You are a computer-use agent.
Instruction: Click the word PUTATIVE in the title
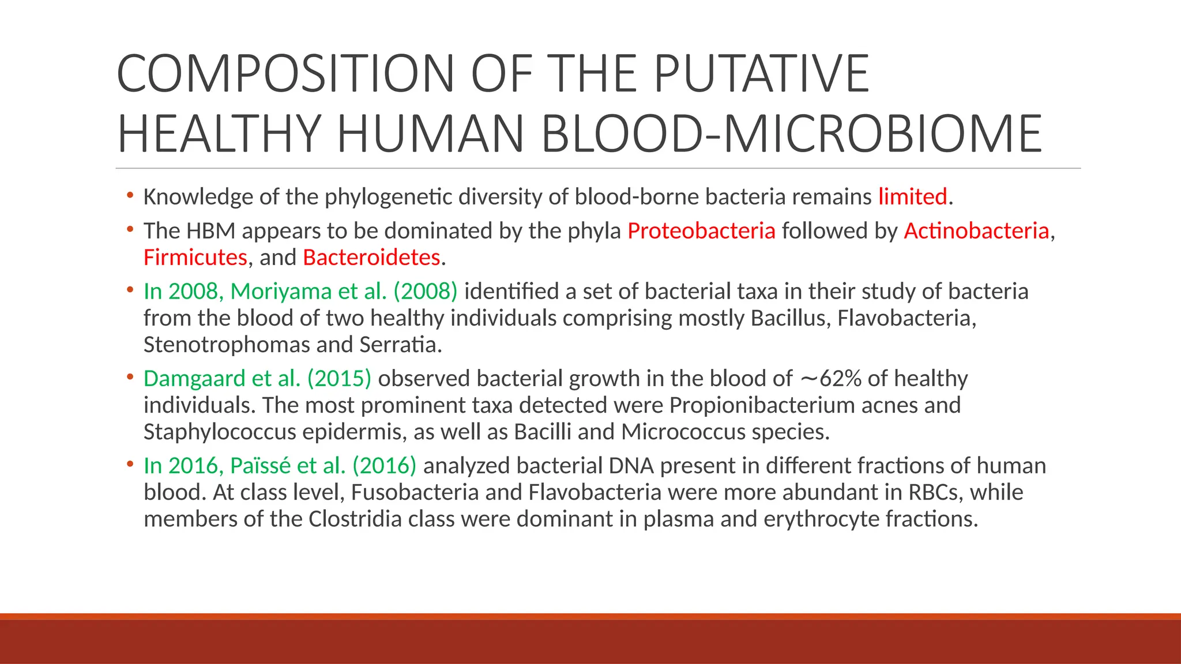click(761, 73)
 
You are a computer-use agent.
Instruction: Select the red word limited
click(912, 197)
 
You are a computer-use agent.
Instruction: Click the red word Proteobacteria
click(701, 231)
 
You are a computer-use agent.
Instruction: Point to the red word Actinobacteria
click(976, 231)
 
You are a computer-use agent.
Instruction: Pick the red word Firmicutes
click(195, 258)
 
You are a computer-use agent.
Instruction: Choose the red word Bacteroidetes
click(371, 258)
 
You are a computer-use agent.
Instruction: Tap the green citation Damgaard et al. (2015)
click(257, 379)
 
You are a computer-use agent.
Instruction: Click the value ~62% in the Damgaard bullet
click(830, 379)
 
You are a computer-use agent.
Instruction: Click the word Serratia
click(400, 345)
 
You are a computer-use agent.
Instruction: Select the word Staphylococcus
click(220, 432)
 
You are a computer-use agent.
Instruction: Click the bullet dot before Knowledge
click(130, 195)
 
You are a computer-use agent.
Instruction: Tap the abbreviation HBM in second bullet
click(210, 231)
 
